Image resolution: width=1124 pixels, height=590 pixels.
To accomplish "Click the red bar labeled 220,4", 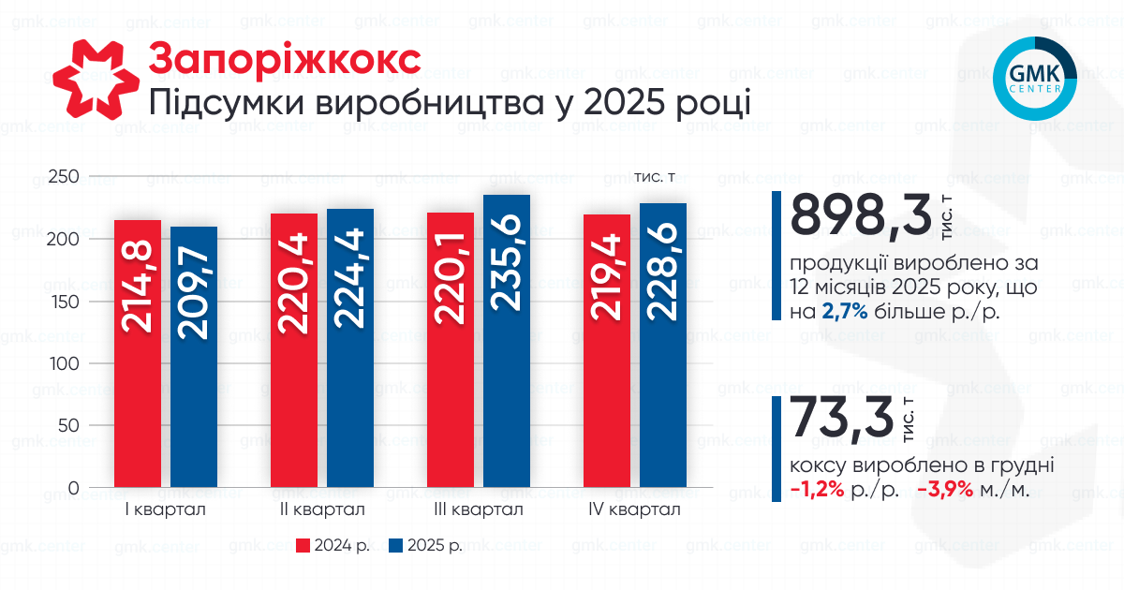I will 294,351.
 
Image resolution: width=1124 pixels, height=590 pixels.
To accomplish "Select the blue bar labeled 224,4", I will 350,349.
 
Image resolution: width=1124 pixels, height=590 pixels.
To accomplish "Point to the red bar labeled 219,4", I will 607,351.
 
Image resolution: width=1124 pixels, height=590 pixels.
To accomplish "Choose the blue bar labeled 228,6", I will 663,347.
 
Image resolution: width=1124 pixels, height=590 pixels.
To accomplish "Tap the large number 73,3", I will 842,420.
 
